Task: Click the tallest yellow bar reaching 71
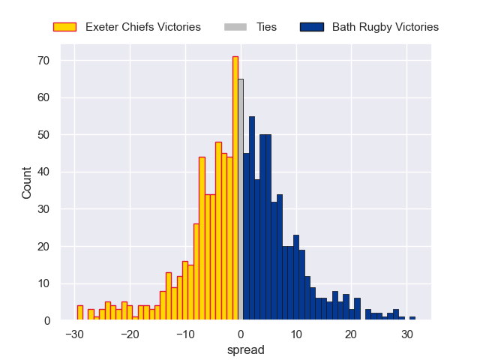coord(235,188)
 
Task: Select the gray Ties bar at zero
coord(241,199)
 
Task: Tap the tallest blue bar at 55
coord(252,218)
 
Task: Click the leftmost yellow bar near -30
coord(79,313)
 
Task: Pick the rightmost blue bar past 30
coord(412,318)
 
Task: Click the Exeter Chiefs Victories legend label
coord(143,27)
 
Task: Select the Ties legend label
coord(266,27)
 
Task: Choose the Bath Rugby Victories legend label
coord(385,27)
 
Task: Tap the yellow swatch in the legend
coord(64,27)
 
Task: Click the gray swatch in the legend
coord(235,27)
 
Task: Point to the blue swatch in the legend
coord(311,27)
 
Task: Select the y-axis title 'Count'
coord(27,182)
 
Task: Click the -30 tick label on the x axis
coord(73,334)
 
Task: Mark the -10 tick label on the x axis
coord(184,334)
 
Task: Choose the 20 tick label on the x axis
coord(352,334)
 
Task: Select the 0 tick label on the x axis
coord(241,334)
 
